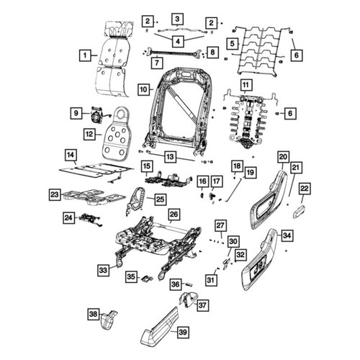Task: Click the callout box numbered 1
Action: coord(85,55)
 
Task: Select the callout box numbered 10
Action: coord(143,89)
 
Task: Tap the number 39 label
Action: coord(183,332)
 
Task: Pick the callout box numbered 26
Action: coord(174,214)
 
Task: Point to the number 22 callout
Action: coord(305,189)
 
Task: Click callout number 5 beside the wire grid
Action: coord(233,43)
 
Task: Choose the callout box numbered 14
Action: coord(71,155)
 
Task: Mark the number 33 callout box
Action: coord(103,270)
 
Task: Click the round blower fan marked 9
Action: coord(96,116)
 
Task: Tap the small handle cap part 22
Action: coord(299,212)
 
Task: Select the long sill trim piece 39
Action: coord(160,325)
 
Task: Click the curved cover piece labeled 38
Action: coord(109,320)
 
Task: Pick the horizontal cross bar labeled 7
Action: coord(172,53)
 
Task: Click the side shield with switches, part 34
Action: coord(260,259)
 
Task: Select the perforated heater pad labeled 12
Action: coord(115,133)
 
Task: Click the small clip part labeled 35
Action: coord(147,278)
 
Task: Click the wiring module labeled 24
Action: coord(90,219)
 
